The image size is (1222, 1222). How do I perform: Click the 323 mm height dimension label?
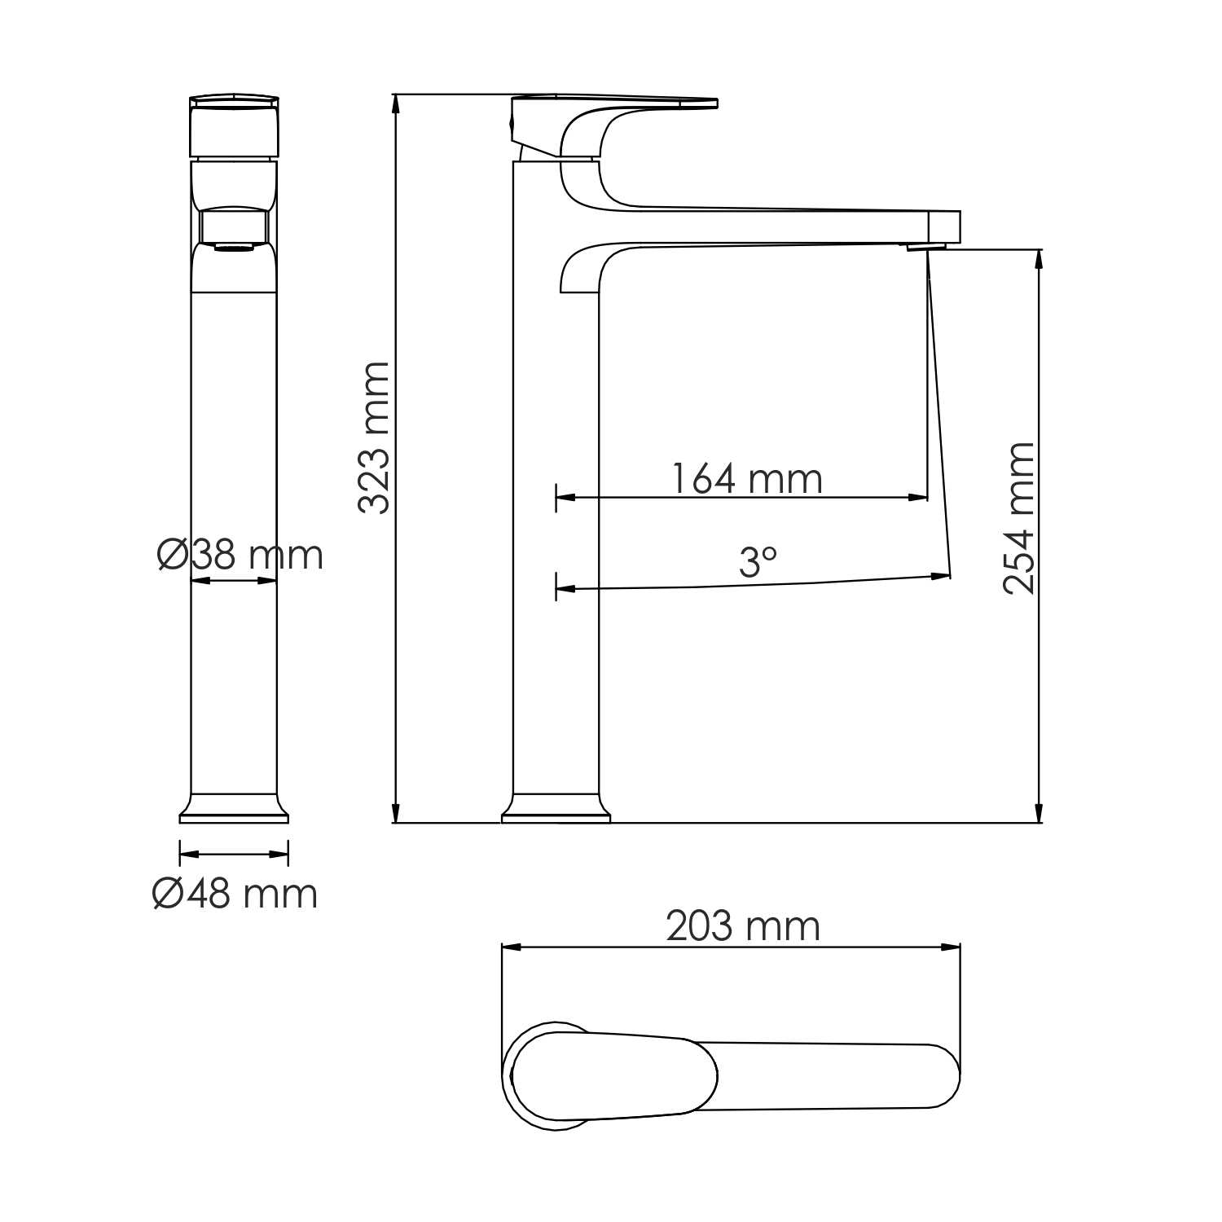click(374, 438)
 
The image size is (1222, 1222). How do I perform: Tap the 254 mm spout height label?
click(1019, 518)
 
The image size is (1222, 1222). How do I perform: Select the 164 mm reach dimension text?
click(746, 478)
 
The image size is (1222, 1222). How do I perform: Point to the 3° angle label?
click(758, 562)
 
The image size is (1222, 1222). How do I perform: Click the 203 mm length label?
click(742, 926)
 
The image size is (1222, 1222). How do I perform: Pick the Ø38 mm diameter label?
click(240, 556)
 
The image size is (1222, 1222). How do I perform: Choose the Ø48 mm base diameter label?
click(235, 895)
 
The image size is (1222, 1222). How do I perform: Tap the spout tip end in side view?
click(945, 225)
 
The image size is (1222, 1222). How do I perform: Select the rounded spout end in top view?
click(945, 1075)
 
